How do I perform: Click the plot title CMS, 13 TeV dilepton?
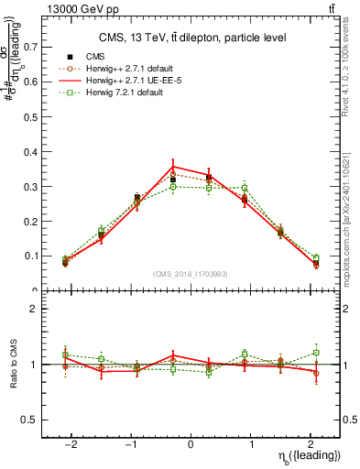pos(191,38)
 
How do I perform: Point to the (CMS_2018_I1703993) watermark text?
pos(191,274)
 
